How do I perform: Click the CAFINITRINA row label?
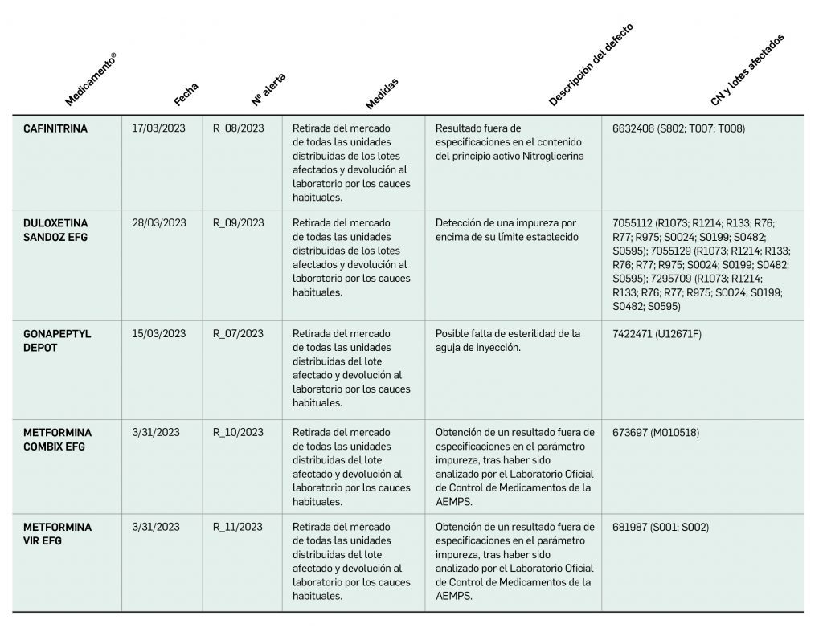tap(55, 128)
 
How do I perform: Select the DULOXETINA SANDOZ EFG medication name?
tap(56, 230)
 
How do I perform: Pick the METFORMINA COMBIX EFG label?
tap(58, 439)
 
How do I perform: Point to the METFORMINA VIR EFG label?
tap(58, 534)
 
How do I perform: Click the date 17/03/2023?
tap(159, 128)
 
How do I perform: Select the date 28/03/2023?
tap(159, 223)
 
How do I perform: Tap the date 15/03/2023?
tap(159, 334)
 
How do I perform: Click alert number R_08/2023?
tap(238, 128)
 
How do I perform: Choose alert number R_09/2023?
tap(238, 223)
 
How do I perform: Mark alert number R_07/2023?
tap(238, 334)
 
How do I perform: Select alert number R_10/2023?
tap(238, 433)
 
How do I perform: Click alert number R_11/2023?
tap(238, 528)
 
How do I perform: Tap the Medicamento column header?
tap(91, 80)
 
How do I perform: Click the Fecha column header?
tap(186, 94)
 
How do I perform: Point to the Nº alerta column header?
tap(268, 89)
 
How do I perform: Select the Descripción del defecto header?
tap(591, 65)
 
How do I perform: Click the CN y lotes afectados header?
tap(747, 70)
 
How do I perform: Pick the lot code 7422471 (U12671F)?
tap(657, 334)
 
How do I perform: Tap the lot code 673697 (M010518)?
tap(656, 433)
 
